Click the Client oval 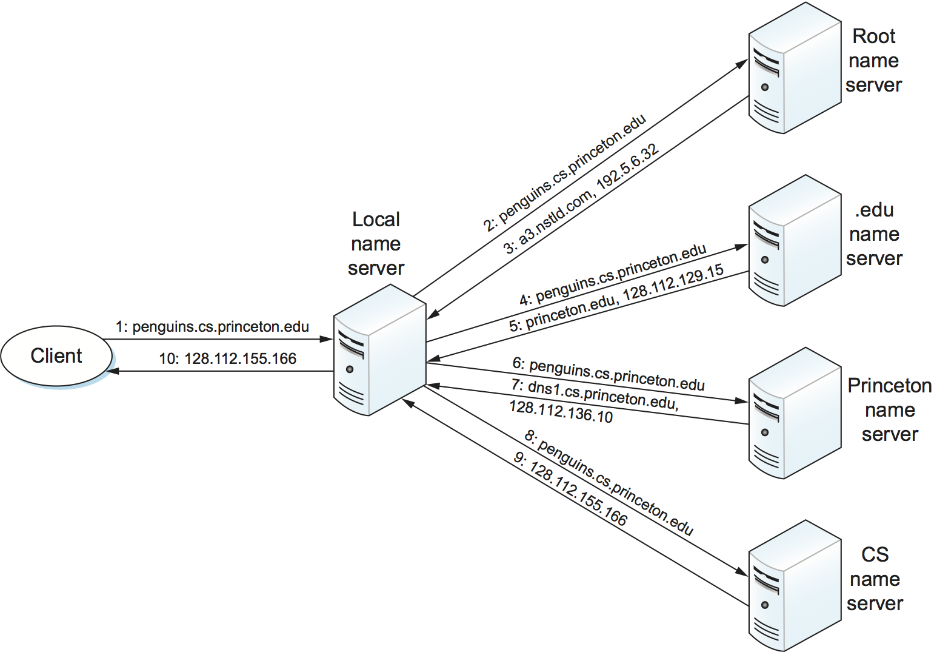(x=56, y=356)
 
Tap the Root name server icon (x=795, y=68)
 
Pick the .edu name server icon (x=795, y=241)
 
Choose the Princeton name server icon (x=795, y=413)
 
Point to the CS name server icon (x=795, y=585)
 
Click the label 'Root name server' (x=873, y=61)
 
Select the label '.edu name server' (x=874, y=234)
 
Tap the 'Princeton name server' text (x=889, y=410)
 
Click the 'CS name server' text (x=875, y=579)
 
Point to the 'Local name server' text (x=376, y=244)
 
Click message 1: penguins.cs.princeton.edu (x=213, y=327)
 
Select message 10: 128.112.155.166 (x=228, y=359)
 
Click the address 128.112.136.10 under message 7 (x=561, y=412)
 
